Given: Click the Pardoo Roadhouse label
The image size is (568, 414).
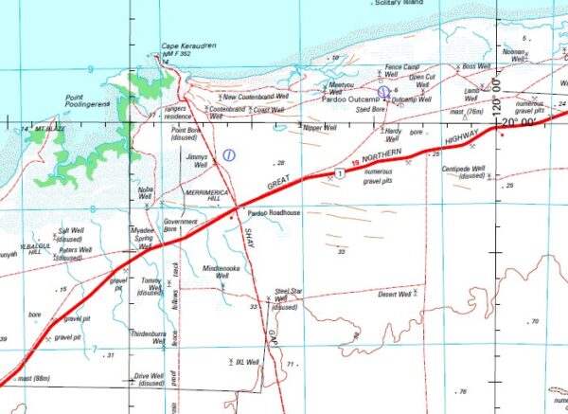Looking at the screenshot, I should pos(273,213).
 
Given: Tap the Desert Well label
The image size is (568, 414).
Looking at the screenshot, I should pos(395,295).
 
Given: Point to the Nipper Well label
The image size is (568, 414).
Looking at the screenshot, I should pos(318,126).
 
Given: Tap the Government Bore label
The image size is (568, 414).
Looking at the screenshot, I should pos(179,225).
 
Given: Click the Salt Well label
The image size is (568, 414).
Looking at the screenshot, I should pos(72,230).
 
